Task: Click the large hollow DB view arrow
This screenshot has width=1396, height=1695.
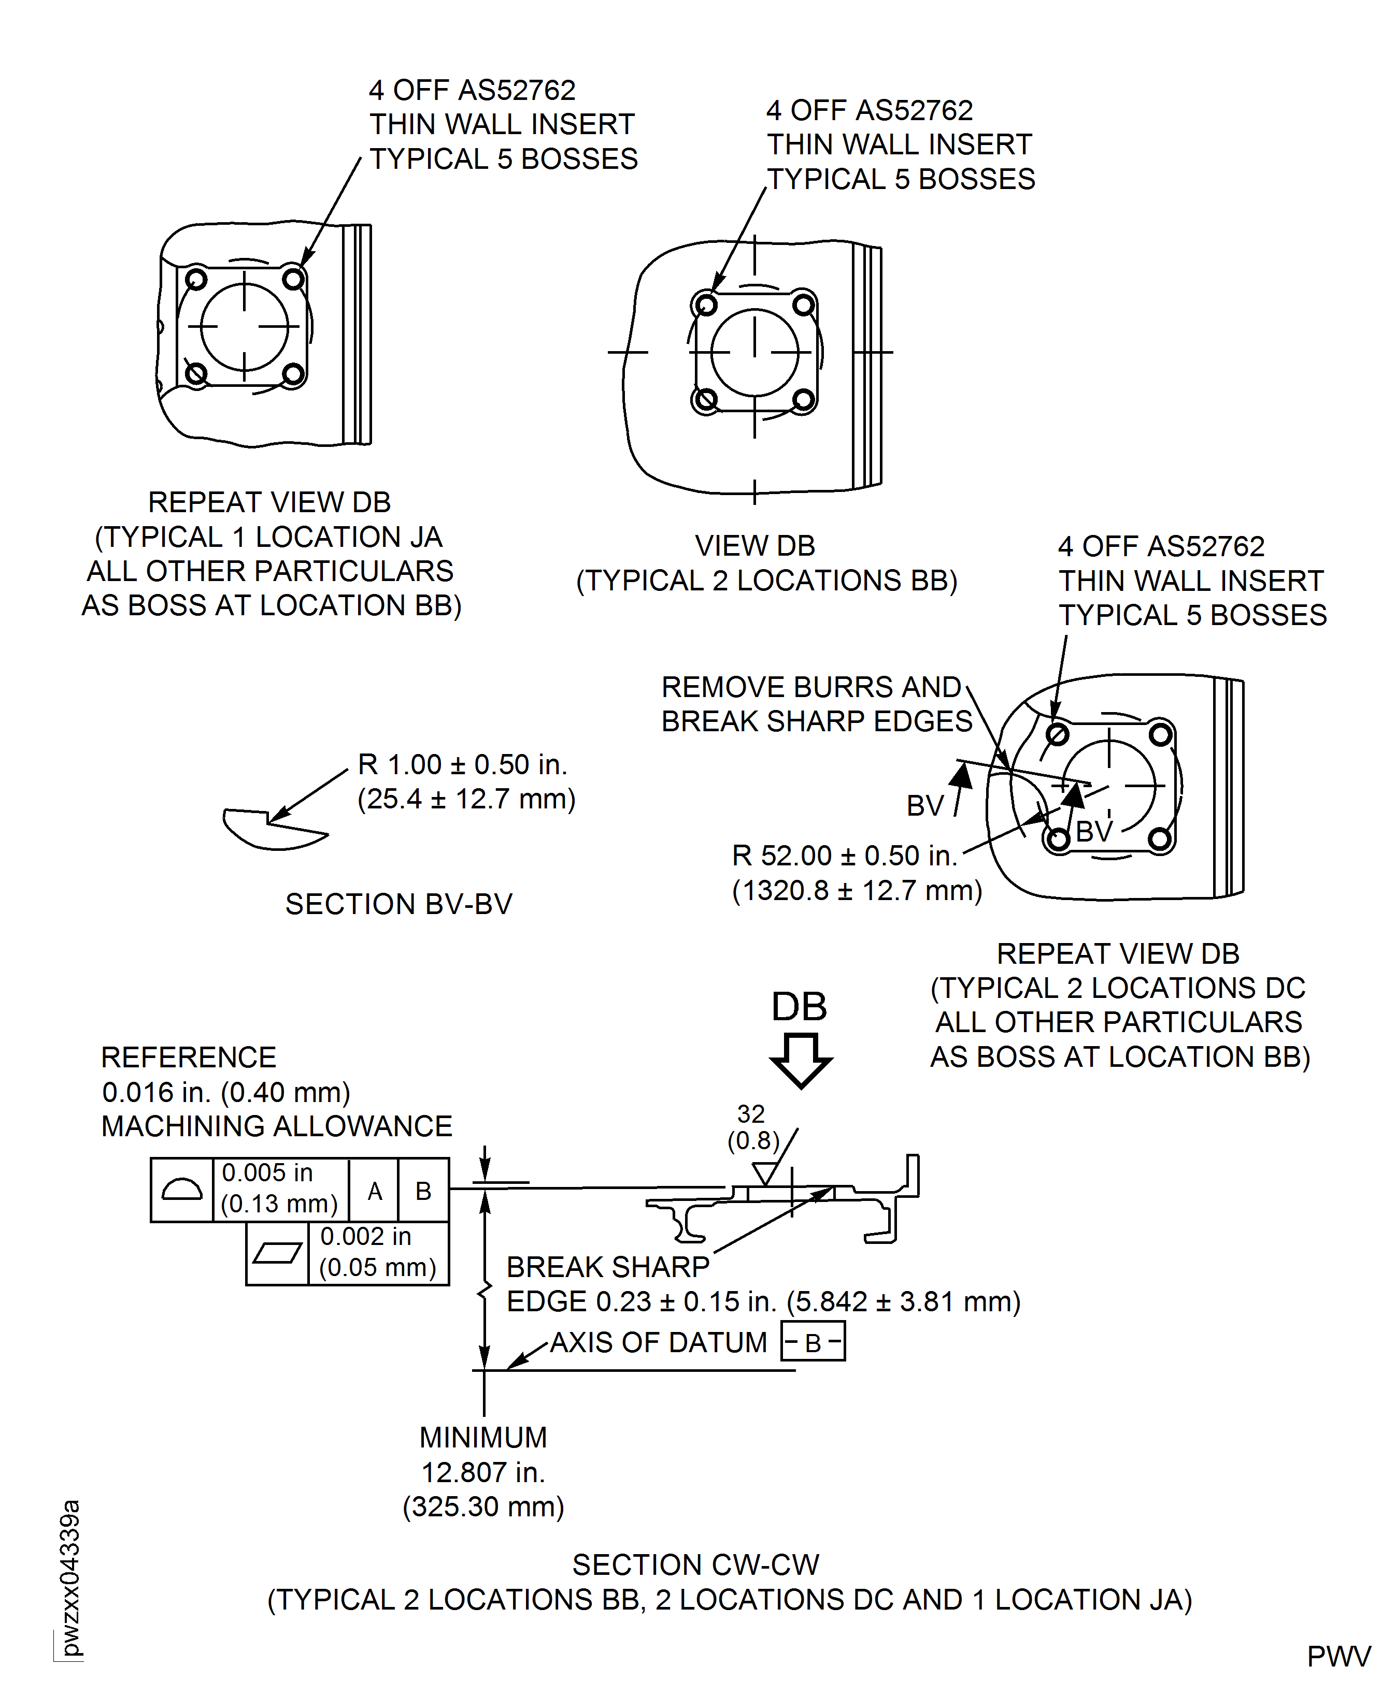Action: pos(801,1059)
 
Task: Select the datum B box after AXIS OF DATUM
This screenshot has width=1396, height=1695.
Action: pos(813,1342)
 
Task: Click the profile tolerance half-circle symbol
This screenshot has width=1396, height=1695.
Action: pos(182,1190)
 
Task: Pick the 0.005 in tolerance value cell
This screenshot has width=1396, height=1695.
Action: pos(280,1189)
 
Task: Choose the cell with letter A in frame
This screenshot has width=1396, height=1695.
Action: pos(375,1190)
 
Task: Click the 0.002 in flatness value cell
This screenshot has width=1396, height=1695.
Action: pos(378,1252)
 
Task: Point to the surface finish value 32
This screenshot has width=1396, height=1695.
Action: pos(751,1114)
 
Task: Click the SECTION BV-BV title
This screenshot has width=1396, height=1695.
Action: pos(399,904)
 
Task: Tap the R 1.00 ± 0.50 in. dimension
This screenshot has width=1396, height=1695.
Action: pos(462,764)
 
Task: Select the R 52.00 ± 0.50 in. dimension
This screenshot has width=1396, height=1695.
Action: pos(844,856)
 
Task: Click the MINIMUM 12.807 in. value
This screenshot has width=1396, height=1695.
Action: pos(483,1472)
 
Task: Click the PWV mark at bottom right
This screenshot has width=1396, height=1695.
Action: pos(1338,1657)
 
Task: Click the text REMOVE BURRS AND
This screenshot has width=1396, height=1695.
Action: pos(810,687)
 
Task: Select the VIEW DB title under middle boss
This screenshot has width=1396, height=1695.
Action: pos(755,546)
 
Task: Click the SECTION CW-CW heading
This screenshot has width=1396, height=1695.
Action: pos(695,1566)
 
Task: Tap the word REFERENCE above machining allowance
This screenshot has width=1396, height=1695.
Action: pos(188,1057)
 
